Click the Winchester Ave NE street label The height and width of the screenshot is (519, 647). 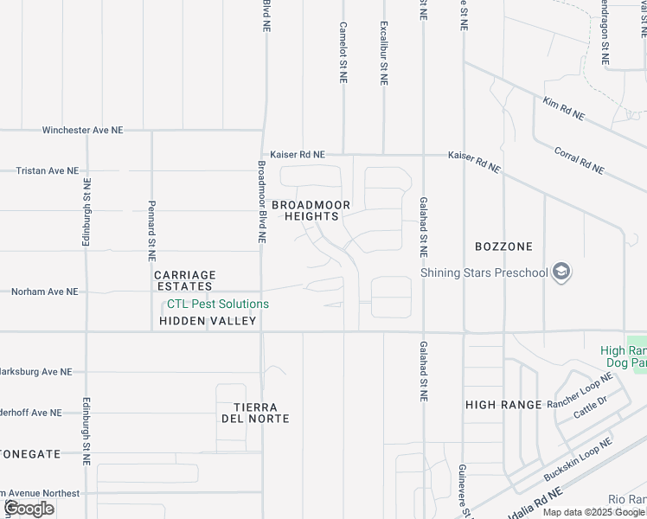(x=83, y=130)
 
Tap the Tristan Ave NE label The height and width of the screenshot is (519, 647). (x=47, y=171)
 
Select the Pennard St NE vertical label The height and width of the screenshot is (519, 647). (x=151, y=232)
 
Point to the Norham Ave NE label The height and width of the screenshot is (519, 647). (x=44, y=292)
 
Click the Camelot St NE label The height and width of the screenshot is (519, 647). (x=343, y=53)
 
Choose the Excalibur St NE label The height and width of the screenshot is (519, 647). (x=384, y=53)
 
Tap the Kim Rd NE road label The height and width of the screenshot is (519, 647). (x=563, y=109)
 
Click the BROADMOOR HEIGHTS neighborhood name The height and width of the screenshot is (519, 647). (x=311, y=210)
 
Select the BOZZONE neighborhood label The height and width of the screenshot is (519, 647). (x=503, y=247)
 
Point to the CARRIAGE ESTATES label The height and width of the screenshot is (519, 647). (x=184, y=280)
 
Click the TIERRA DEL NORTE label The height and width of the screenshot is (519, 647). (x=254, y=413)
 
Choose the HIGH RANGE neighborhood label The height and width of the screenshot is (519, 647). (x=503, y=404)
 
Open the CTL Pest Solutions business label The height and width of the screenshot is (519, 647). (x=217, y=304)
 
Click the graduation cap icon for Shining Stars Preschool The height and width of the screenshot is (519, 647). (x=562, y=273)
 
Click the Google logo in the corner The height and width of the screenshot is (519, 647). (x=29, y=509)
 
